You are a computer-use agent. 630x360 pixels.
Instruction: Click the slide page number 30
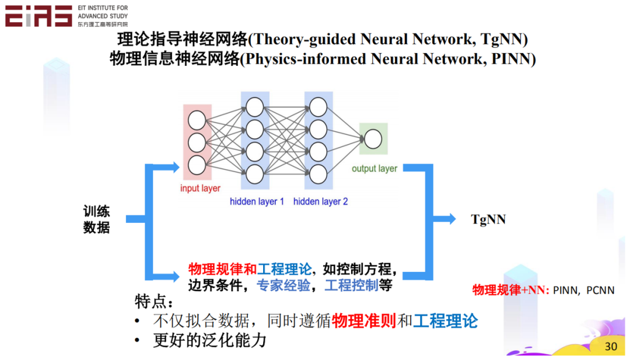click(x=611, y=346)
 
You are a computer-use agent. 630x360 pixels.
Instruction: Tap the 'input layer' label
click(x=200, y=188)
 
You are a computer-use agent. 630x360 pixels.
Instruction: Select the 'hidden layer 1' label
click(x=257, y=202)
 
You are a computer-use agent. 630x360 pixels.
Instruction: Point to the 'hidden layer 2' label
click(x=320, y=202)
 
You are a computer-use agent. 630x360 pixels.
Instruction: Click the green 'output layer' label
click(x=374, y=169)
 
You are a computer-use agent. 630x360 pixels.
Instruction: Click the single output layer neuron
click(x=373, y=139)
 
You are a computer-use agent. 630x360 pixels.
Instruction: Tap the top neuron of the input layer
click(x=197, y=121)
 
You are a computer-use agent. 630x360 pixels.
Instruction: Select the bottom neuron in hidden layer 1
click(x=255, y=173)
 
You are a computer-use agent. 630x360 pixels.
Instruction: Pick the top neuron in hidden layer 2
click(x=318, y=107)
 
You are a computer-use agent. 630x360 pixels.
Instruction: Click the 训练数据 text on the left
click(x=96, y=219)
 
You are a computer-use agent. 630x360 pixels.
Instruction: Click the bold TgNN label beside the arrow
click(x=488, y=219)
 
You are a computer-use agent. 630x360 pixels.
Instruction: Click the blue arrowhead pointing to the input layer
click(x=174, y=168)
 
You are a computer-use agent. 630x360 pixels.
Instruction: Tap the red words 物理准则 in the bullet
click(x=364, y=321)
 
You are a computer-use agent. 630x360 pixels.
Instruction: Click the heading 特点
click(x=153, y=302)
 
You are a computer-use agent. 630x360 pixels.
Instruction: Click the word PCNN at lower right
click(x=600, y=290)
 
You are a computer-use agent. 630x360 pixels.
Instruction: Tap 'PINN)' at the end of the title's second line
click(x=514, y=59)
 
